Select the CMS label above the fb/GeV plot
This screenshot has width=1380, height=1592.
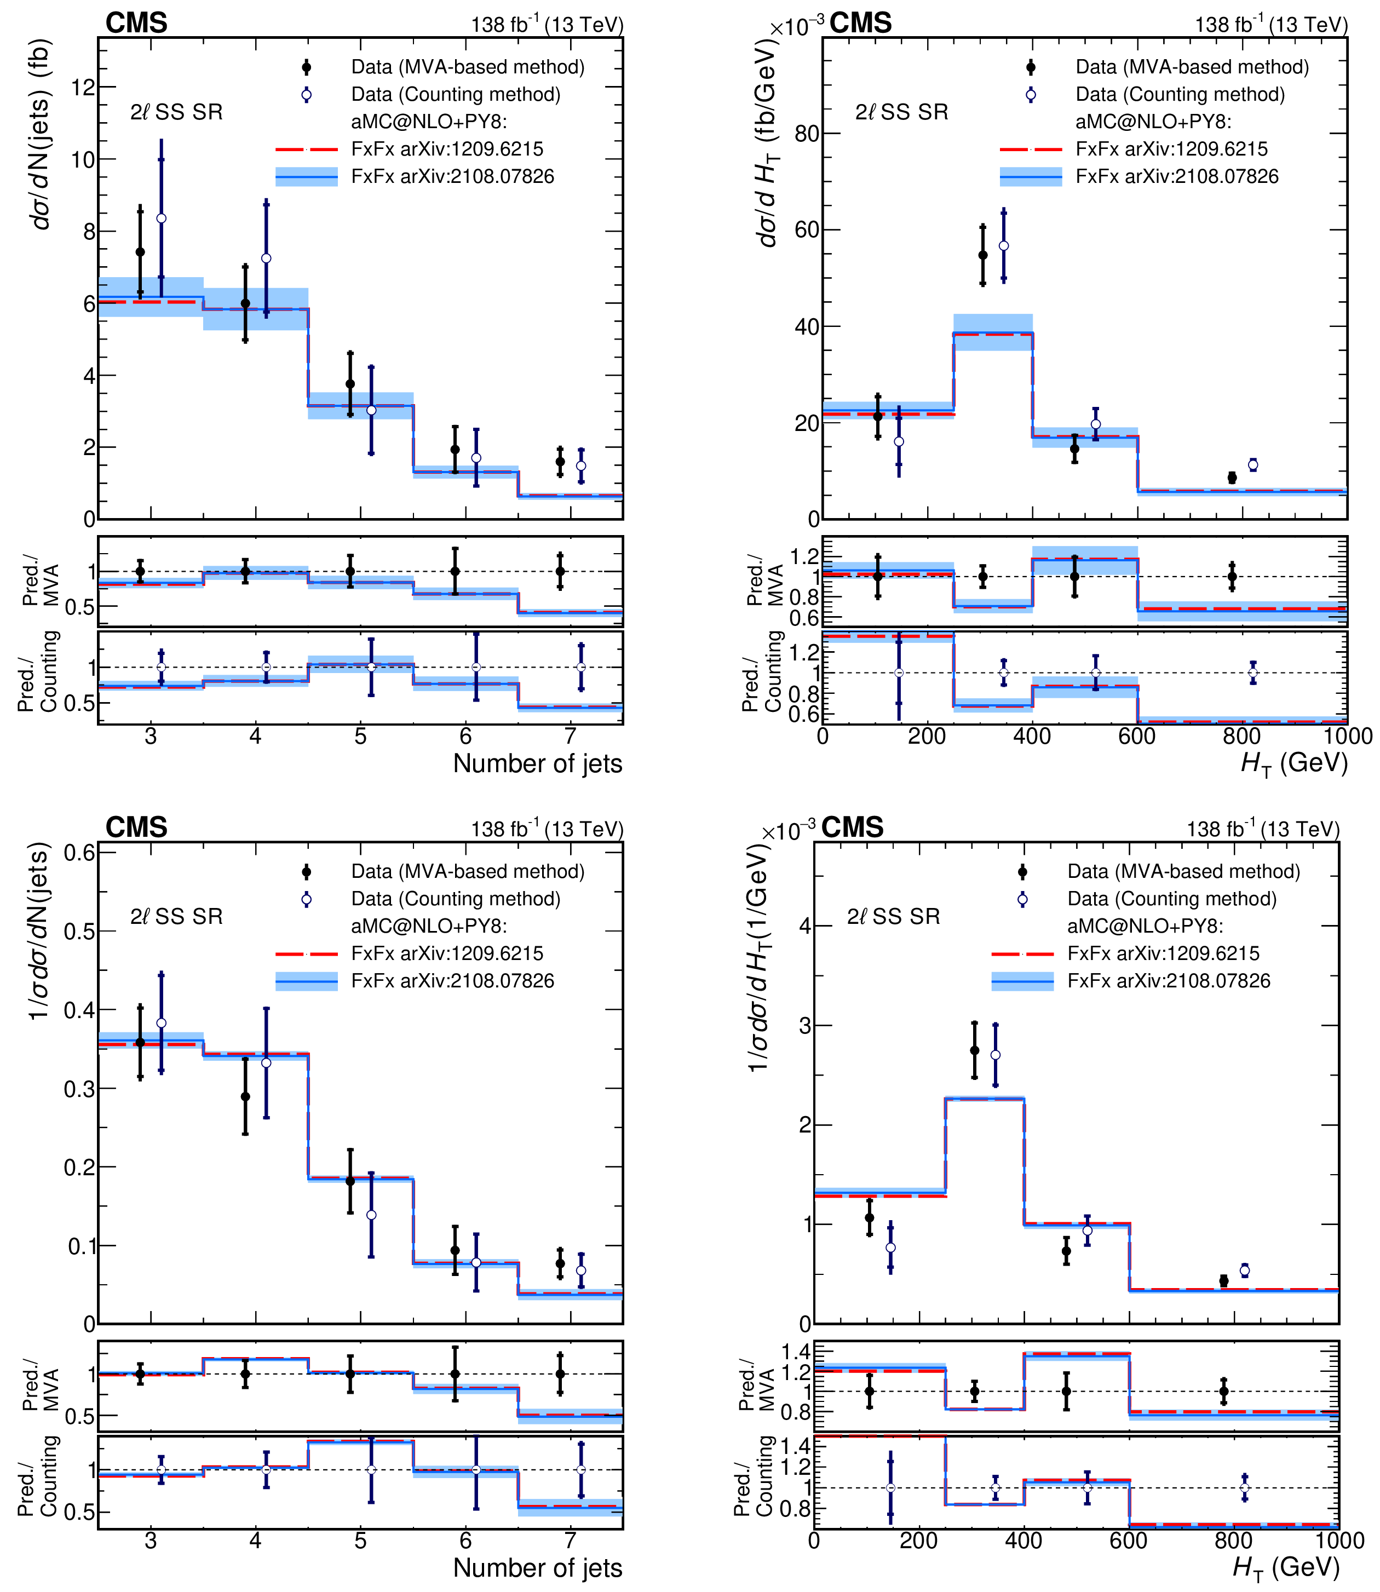pyautogui.click(x=860, y=23)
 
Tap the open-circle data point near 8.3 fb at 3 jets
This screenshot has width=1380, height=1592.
pyautogui.click(x=161, y=219)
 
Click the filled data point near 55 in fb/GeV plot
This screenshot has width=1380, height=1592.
pyautogui.click(x=982, y=256)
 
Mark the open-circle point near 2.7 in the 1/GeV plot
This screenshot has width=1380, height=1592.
pyautogui.click(x=995, y=1055)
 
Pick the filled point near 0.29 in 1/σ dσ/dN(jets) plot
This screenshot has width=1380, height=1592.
pyautogui.click(x=245, y=1097)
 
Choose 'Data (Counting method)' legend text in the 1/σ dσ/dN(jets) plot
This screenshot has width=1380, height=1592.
pyautogui.click(x=455, y=899)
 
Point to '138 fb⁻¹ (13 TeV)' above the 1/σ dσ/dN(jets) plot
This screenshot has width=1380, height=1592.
pyautogui.click(x=547, y=830)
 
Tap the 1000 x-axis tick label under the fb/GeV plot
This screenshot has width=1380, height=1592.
pyautogui.click(x=1347, y=737)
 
